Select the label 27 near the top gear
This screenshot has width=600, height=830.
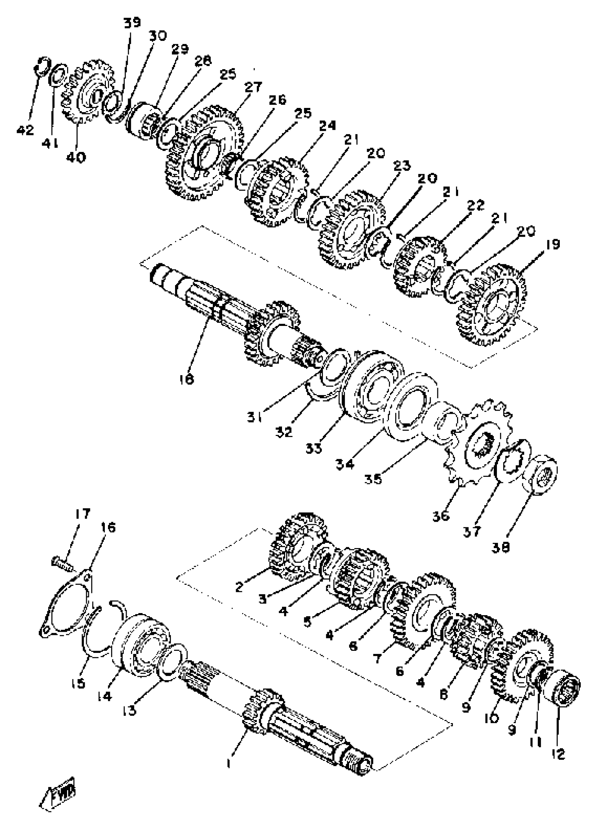point(253,87)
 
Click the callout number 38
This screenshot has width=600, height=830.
point(501,547)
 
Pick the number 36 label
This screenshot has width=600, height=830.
point(440,516)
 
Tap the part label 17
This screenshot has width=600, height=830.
point(82,514)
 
